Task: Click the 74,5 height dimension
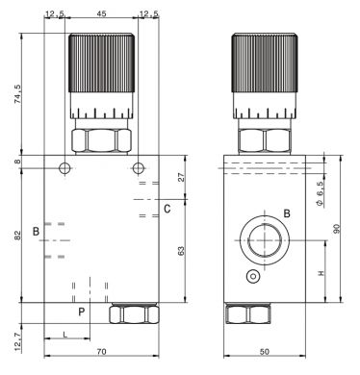18,93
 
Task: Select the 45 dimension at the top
101,13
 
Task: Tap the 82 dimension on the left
18,235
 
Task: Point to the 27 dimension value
182,177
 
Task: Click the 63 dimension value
182,251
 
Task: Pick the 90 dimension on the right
336,229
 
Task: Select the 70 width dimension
101,351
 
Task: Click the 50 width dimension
265,351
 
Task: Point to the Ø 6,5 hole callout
320,193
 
